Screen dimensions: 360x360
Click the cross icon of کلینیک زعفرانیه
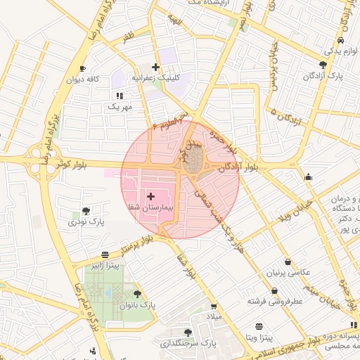click(155, 67)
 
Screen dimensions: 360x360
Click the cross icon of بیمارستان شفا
click(150, 194)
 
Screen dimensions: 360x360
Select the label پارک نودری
click(86, 221)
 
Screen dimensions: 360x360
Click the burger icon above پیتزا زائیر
click(105, 255)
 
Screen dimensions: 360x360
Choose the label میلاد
click(213, 317)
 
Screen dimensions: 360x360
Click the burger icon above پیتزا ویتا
click(259, 326)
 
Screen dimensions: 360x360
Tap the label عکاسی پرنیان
click(281, 272)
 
